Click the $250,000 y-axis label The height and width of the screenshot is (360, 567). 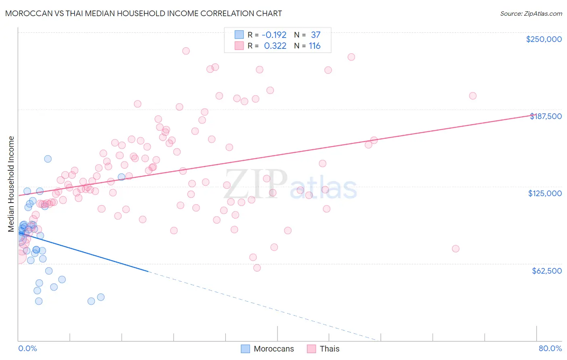[544, 39]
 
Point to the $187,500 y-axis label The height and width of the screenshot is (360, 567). [546, 116]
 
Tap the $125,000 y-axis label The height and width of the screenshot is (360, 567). [545, 193]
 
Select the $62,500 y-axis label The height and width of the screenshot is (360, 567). [546, 271]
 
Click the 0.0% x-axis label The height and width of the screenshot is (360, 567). [27, 348]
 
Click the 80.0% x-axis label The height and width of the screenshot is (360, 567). [550, 348]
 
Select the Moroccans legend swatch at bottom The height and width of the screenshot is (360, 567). [245, 349]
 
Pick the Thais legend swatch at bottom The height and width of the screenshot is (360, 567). [311, 349]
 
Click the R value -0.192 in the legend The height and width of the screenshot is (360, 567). [274, 35]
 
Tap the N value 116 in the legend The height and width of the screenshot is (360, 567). [315, 46]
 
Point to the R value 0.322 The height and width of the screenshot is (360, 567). [275, 46]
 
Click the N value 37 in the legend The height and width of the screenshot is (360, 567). [315, 35]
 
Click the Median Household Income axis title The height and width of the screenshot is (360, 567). [11, 184]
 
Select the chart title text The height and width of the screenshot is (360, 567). [144, 13]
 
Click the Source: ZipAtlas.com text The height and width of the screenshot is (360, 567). [531, 14]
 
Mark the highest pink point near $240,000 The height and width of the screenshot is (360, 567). [186, 51]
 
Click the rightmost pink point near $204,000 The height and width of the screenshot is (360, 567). [473, 96]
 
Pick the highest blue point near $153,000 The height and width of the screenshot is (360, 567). [48, 159]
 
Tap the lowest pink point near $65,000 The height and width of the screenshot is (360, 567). [257, 268]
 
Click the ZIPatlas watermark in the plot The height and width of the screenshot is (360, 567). [290, 184]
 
